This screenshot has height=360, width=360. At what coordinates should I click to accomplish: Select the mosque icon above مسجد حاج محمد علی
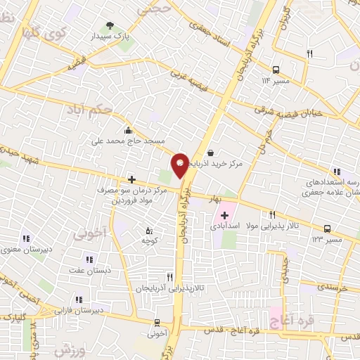click(x=127, y=130)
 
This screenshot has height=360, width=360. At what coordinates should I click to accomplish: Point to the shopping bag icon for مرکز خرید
click(x=210, y=152)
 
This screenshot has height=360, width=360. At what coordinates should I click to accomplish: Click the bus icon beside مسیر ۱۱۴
click(x=276, y=70)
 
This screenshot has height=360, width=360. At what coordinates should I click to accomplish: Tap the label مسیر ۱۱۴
click(x=276, y=81)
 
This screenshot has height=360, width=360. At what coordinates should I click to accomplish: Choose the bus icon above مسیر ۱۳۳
click(x=328, y=229)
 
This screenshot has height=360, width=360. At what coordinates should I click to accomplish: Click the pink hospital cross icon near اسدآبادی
click(x=224, y=215)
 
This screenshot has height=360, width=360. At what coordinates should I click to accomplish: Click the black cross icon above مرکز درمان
click(x=131, y=180)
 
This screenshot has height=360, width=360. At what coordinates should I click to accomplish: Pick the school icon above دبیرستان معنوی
click(x=27, y=239)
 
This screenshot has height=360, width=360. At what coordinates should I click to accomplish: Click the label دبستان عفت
click(x=86, y=270)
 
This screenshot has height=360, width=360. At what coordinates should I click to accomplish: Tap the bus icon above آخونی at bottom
click(x=157, y=323)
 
